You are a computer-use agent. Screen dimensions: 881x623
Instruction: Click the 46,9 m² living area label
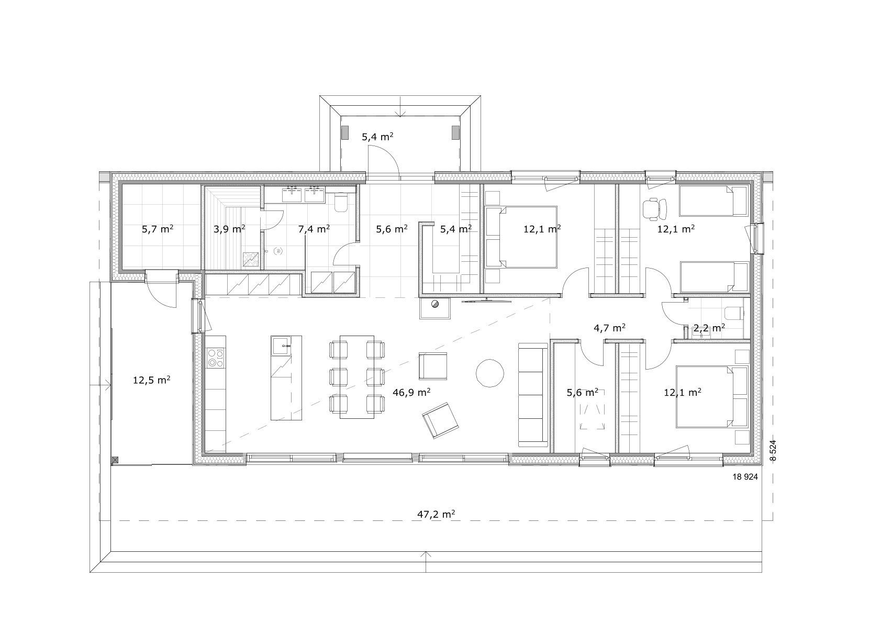coord(411,392)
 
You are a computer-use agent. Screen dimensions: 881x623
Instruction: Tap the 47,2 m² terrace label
coord(436,515)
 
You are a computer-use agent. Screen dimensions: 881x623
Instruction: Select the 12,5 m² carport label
coord(151,380)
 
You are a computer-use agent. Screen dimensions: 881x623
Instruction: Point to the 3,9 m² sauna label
coord(229,229)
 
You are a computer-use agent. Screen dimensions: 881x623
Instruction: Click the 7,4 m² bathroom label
coord(314,229)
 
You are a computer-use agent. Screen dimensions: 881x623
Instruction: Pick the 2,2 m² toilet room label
coord(709,328)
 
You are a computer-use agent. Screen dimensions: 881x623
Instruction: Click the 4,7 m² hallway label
coord(610,328)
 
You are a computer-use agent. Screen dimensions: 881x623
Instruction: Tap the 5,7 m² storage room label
coord(158,229)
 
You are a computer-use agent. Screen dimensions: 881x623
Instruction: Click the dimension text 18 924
coord(745,477)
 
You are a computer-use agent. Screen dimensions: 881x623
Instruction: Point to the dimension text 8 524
coord(773,450)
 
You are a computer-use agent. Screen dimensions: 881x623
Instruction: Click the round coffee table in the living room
coord(489,373)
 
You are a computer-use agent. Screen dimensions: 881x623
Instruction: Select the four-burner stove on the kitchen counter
coord(216,358)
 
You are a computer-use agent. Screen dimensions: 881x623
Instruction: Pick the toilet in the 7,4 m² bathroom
coord(341,203)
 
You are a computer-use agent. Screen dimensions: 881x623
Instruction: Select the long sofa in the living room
coord(533,395)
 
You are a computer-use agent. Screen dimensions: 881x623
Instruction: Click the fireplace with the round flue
coord(434,308)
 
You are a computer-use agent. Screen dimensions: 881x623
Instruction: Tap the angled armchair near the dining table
coord(441,420)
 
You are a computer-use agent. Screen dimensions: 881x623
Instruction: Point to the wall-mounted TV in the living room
coord(486,301)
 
